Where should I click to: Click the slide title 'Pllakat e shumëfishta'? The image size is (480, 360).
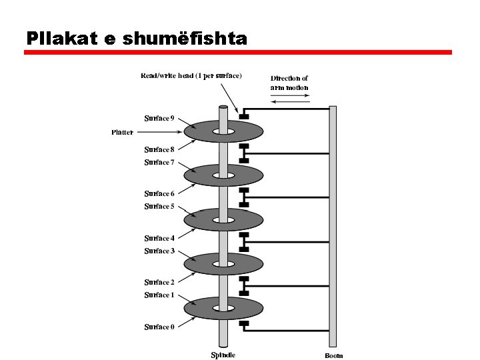pyautogui.click(x=137, y=38)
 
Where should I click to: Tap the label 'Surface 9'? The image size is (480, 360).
pyautogui.click(x=159, y=119)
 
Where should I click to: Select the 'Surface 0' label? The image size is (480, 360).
pyautogui.click(x=159, y=327)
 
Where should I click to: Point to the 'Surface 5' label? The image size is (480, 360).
pyautogui.click(x=159, y=207)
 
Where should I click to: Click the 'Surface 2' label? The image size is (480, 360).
pyautogui.click(x=159, y=283)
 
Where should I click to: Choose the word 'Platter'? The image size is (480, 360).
pyautogui.click(x=122, y=132)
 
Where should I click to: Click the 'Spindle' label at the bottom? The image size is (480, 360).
pyautogui.click(x=223, y=355)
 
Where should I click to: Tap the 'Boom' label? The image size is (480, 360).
pyautogui.click(x=334, y=355)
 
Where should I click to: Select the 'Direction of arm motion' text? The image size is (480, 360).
pyautogui.click(x=289, y=83)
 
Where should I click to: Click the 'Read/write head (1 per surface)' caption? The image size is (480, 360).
pyautogui.click(x=191, y=75)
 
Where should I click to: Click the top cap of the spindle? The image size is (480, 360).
pyautogui.click(x=223, y=106)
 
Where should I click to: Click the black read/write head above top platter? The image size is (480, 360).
pyautogui.click(x=243, y=117)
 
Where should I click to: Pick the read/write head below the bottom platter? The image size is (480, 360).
pyautogui.click(x=243, y=324)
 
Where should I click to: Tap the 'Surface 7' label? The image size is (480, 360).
pyautogui.click(x=159, y=163)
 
